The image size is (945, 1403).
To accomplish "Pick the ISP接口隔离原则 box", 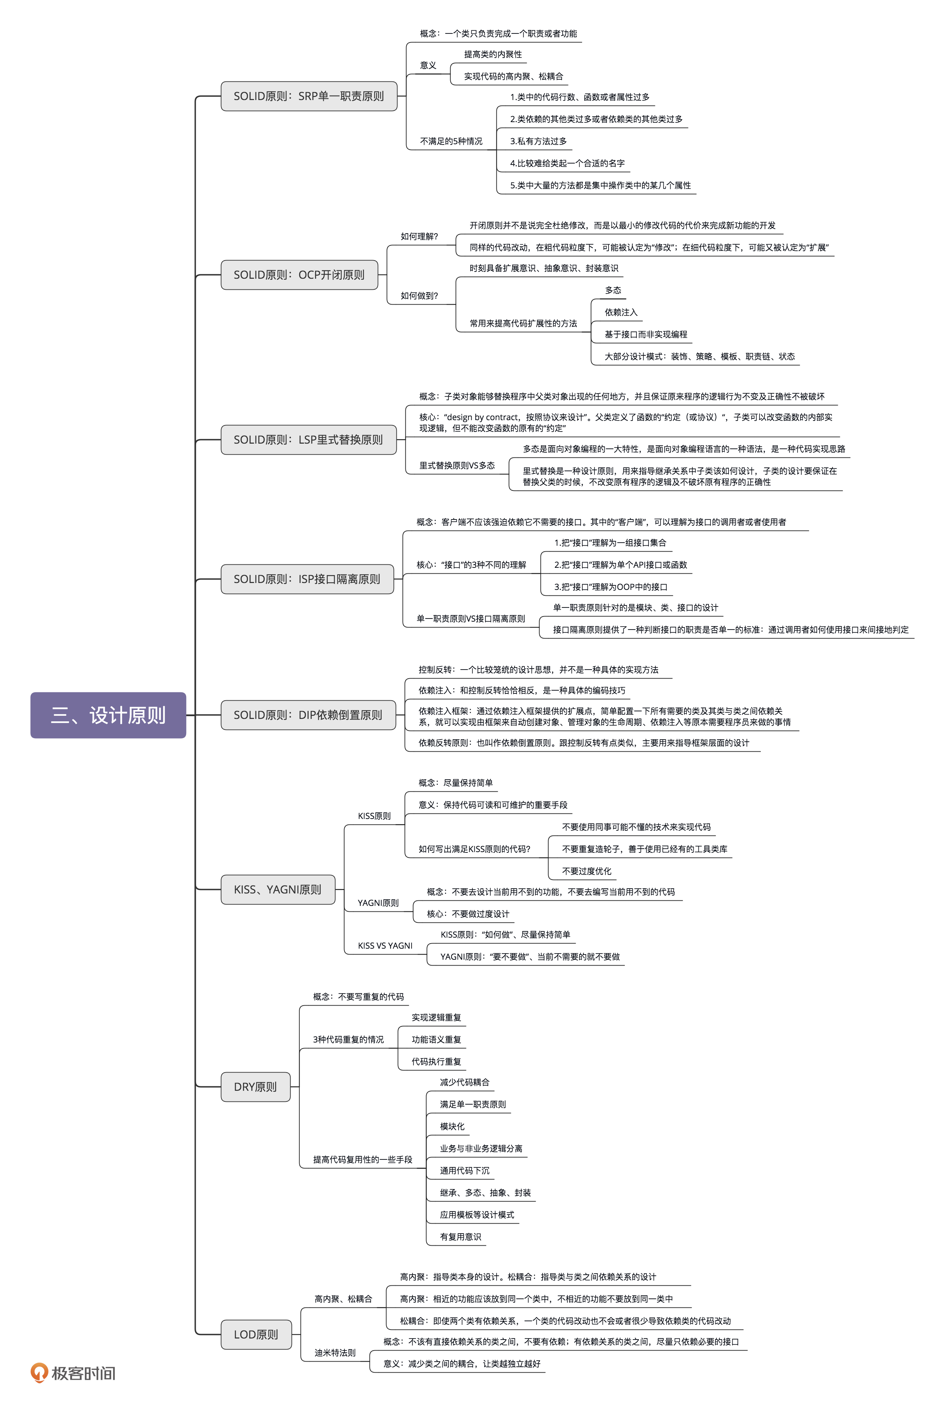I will click(x=307, y=579).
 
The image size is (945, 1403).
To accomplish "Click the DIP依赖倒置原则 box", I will click(x=308, y=715).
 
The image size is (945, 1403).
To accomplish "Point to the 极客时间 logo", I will click(x=73, y=1373).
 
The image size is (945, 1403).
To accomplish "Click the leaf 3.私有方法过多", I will click(x=538, y=141).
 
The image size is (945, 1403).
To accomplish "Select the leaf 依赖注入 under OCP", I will click(x=621, y=312).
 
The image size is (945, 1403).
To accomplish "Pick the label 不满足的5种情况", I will click(x=451, y=141).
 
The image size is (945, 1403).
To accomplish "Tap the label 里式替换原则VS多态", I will click(x=457, y=465).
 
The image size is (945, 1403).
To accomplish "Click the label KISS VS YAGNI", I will click(x=385, y=945).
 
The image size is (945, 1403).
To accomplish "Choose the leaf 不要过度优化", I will click(x=586, y=871).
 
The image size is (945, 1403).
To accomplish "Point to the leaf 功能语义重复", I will click(x=436, y=1039).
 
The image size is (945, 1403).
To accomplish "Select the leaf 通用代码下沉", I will click(x=465, y=1170).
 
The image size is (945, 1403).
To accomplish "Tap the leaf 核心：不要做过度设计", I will click(x=468, y=914).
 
